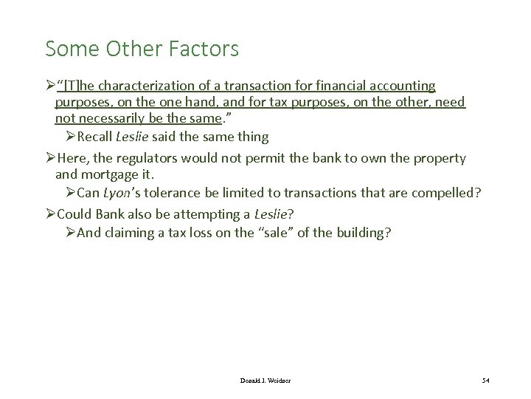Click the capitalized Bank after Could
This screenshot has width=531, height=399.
tap(111, 214)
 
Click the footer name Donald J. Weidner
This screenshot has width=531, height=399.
tap(265, 380)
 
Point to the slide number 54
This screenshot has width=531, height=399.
tap(484, 380)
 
